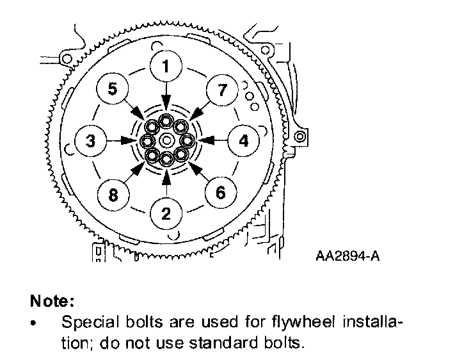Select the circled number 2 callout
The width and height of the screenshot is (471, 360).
166,213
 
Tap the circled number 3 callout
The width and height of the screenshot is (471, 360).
92,140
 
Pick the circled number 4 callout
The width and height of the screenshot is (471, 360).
243,140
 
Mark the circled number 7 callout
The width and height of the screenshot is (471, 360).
221,90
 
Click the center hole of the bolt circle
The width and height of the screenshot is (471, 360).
166,140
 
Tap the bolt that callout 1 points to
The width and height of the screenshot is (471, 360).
166,120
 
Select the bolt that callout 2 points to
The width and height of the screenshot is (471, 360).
166,159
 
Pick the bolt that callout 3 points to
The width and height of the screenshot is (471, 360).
147,140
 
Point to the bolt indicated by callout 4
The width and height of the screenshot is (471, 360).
186,140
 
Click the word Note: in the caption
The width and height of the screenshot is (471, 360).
52,300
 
